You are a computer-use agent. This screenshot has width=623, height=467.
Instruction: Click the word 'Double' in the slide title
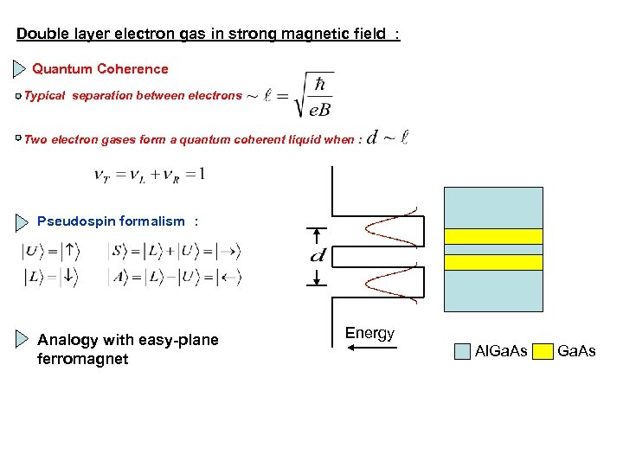point(40,35)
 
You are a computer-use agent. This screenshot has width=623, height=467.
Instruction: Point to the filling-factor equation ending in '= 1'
point(149,175)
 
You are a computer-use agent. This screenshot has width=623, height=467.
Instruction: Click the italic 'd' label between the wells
point(318,256)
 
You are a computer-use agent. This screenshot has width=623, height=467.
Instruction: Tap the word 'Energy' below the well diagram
point(369,333)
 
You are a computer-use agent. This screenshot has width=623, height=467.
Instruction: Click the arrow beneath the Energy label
point(370,348)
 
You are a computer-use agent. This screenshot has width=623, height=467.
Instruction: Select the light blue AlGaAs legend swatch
point(463,351)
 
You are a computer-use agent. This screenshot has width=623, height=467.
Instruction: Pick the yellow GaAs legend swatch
point(543,351)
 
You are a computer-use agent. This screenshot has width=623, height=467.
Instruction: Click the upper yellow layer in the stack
point(493,236)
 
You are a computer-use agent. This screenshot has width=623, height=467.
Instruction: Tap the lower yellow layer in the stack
point(493,262)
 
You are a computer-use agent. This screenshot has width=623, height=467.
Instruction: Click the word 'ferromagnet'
point(83,358)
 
